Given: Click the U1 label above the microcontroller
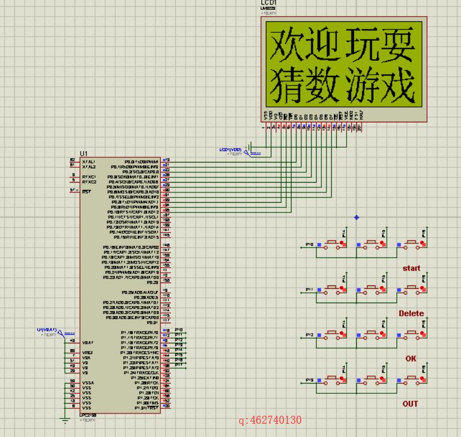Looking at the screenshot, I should (84, 153).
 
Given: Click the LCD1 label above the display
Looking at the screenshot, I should (268, 3).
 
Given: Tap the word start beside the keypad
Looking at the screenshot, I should (411, 268).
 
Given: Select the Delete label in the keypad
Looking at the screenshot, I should (411, 314).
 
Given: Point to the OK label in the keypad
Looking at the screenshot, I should (410, 358).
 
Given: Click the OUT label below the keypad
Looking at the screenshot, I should (410, 404).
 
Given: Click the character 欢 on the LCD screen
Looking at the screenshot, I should (287, 45).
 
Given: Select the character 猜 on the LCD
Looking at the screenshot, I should (287, 85).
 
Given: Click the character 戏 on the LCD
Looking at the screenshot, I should (397, 85).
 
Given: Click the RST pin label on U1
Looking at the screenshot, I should (87, 191).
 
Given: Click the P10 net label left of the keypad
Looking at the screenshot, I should (309, 245).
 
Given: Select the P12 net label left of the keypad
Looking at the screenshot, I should (309, 334).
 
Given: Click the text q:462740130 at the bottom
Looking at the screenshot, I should (270, 420).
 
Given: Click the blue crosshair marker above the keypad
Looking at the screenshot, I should (356, 218).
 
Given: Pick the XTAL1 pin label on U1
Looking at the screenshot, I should (89, 162).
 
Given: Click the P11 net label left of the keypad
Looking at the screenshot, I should (309, 289).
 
